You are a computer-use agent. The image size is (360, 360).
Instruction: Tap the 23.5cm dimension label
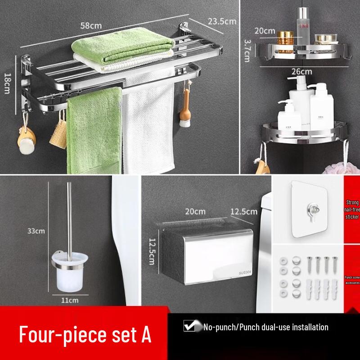pyautogui.click(x=222, y=21)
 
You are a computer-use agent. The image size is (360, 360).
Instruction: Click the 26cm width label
pyautogui.click(x=301, y=71)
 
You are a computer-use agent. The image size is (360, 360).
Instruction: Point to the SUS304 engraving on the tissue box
pyautogui.click(x=234, y=272)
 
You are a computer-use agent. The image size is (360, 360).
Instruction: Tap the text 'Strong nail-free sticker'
pyautogui.click(x=352, y=210)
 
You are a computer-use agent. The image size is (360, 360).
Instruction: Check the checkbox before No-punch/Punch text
pyautogui.click(x=189, y=326)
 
